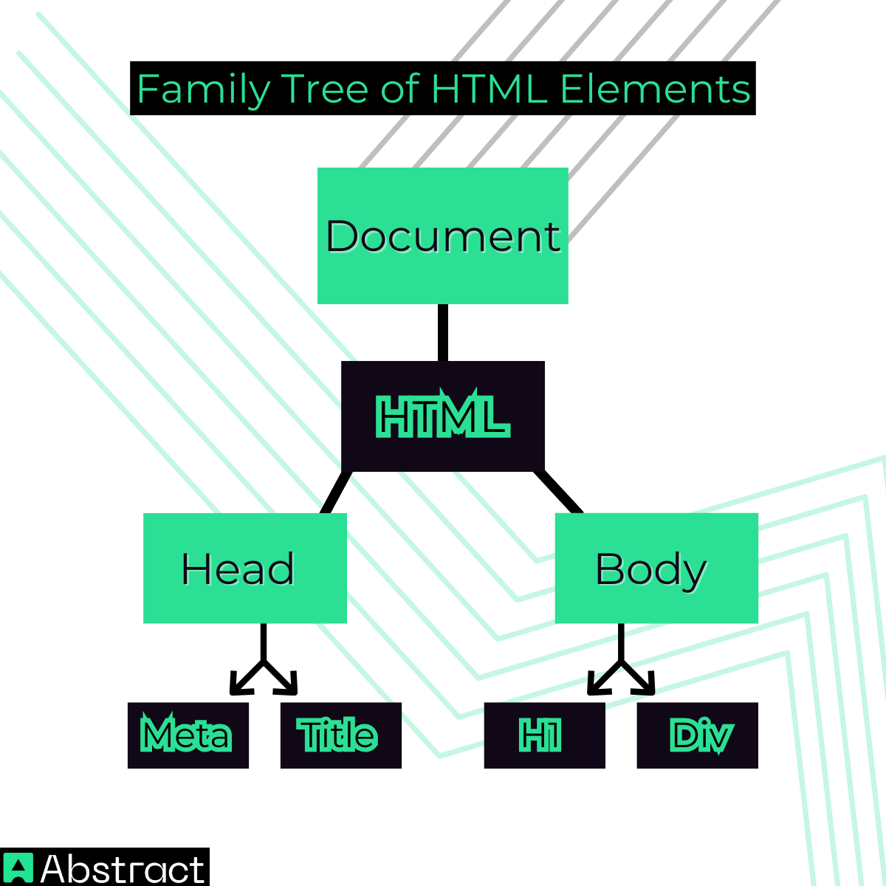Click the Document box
[x=443, y=236]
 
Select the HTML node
[x=443, y=416]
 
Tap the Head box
[x=245, y=568]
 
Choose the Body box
[x=656, y=568]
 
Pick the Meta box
[x=188, y=735]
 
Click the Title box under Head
[x=340, y=735]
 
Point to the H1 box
[x=544, y=735]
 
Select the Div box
[x=698, y=735]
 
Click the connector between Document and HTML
[x=443, y=332]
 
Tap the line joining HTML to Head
[x=336, y=492]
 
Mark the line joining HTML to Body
[x=558, y=492]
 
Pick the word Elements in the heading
[x=655, y=89]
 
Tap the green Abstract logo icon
[x=18, y=868]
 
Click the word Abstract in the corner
[x=123, y=868]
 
